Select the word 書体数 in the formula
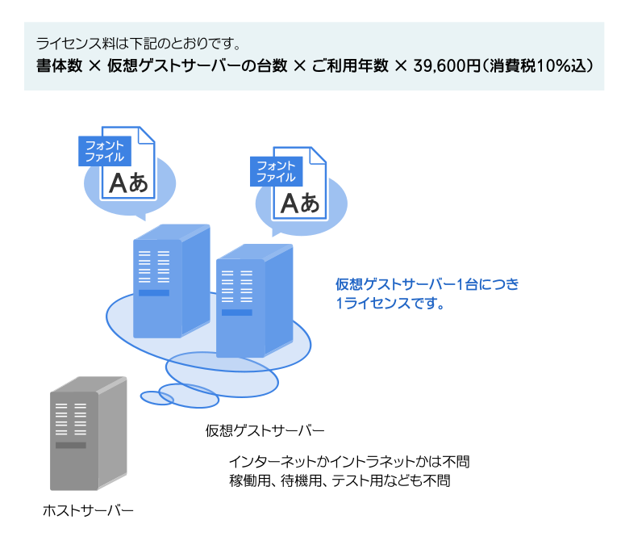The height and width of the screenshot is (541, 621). tap(59, 66)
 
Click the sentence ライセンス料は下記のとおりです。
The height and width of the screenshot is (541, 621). tap(139, 42)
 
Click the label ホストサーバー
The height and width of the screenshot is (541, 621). tap(88, 510)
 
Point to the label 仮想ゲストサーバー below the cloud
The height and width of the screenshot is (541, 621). tap(265, 429)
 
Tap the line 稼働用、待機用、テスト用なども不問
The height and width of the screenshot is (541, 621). tap(339, 481)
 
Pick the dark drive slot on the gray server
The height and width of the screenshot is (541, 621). tap(70, 445)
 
